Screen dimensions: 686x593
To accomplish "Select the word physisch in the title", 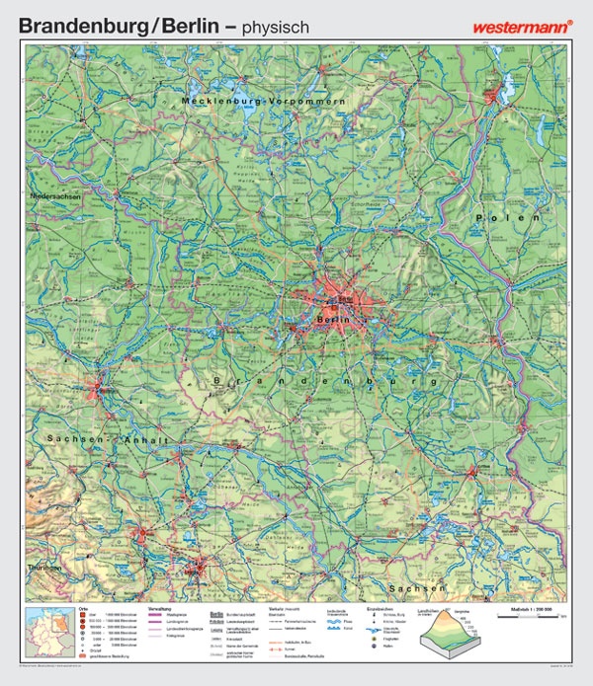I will pos(271,28).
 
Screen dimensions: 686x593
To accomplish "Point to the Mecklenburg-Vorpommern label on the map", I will pos(263,102).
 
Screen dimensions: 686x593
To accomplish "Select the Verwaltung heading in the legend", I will pos(160,610).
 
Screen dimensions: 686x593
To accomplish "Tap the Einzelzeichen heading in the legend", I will pos(380,610).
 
